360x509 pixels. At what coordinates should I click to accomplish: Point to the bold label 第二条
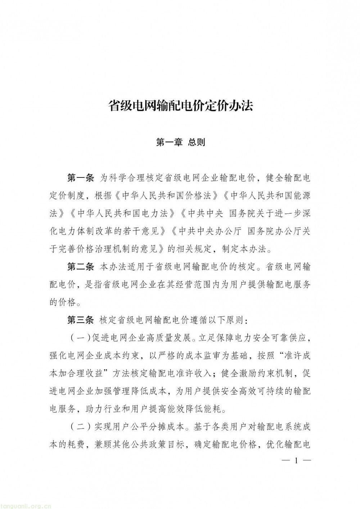point(80,267)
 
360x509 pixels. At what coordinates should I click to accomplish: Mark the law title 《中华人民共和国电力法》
point(119,213)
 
